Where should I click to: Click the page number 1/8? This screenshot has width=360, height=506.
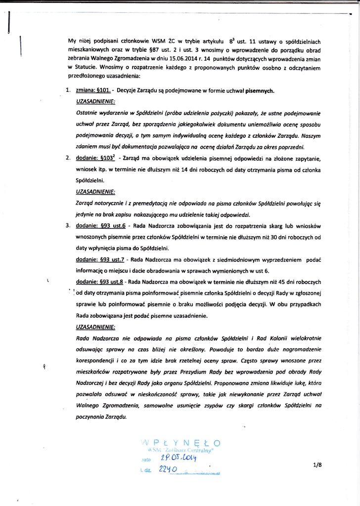pos(317,465)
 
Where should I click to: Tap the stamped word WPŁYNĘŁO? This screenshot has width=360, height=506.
pos(180,442)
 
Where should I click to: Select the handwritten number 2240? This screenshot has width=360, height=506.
pos(168,469)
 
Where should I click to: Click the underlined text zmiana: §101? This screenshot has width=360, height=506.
pos(93,91)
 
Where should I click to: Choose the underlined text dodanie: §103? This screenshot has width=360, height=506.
pos(95,158)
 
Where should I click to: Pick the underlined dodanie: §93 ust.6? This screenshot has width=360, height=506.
pos(100,226)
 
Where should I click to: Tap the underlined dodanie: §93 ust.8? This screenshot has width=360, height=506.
pos(100,282)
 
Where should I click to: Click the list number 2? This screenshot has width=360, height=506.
pos(68,158)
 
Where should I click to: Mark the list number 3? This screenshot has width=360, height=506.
pos(68,226)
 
